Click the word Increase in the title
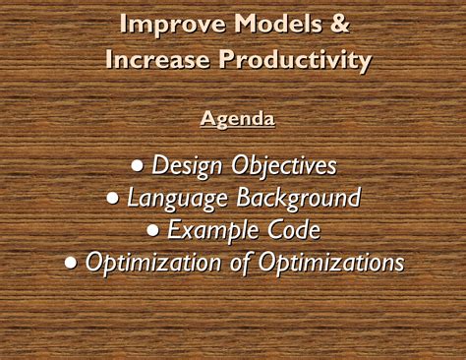(x=157, y=60)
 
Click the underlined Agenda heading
(x=237, y=119)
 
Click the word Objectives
(x=284, y=166)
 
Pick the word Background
(x=298, y=198)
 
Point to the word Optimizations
(x=329, y=263)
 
